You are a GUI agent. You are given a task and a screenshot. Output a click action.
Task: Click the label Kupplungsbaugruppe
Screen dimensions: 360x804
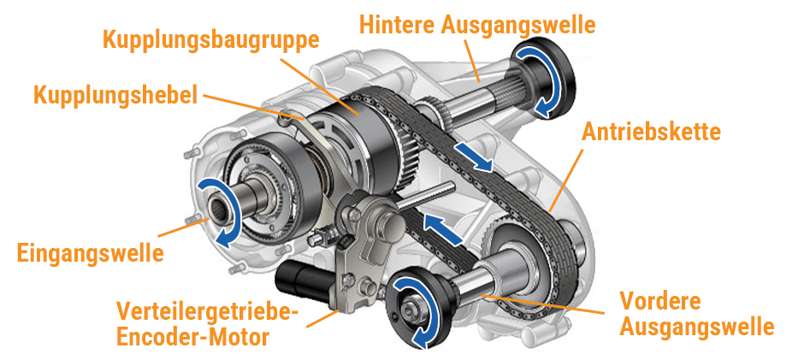(211, 39)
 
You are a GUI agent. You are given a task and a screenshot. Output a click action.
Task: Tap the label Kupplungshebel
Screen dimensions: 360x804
(115, 94)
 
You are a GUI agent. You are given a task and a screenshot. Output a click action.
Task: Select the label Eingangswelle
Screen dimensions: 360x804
(90, 253)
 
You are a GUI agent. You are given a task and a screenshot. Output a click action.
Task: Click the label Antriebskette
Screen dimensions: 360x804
(651, 133)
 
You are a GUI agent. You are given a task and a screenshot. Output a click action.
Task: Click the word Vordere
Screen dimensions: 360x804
(660, 301)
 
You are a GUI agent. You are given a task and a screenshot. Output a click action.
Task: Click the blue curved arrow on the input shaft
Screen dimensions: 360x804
(216, 210)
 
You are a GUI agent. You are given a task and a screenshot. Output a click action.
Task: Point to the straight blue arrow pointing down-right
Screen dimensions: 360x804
(473, 156)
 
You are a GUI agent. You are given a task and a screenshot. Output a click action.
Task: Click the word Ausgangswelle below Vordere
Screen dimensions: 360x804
(697, 327)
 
